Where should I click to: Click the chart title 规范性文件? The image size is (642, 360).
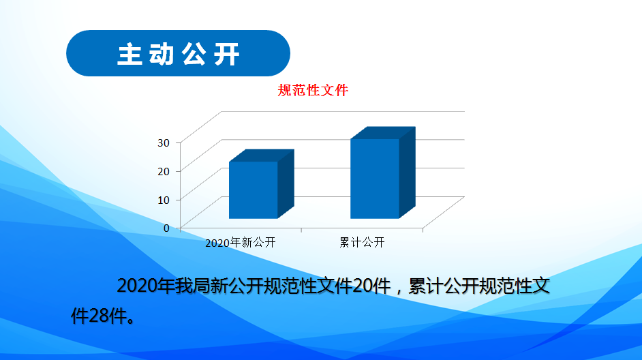[313, 90]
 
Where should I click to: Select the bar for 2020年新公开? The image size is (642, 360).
[261, 184]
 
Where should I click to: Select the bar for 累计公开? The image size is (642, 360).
[383, 172]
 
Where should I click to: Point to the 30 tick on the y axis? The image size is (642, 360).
[164, 142]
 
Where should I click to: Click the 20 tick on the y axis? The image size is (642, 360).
[164, 171]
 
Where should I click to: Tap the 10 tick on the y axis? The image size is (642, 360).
[164, 200]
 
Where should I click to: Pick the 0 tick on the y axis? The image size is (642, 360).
[166, 228]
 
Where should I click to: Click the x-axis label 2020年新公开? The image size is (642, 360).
[241, 243]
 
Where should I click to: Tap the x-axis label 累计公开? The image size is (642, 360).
[362, 243]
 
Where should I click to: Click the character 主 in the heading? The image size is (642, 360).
[129, 54]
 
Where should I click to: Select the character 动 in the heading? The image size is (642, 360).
[162, 54]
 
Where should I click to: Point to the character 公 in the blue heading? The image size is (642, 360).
[194, 54]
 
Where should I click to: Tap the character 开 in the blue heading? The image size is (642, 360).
[226, 54]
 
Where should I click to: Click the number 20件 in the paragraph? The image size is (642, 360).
[371, 286]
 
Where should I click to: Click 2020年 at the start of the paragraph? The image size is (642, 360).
[146, 286]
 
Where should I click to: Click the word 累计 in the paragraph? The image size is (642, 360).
[426, 286]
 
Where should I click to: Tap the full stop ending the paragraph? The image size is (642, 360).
[131, 320]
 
